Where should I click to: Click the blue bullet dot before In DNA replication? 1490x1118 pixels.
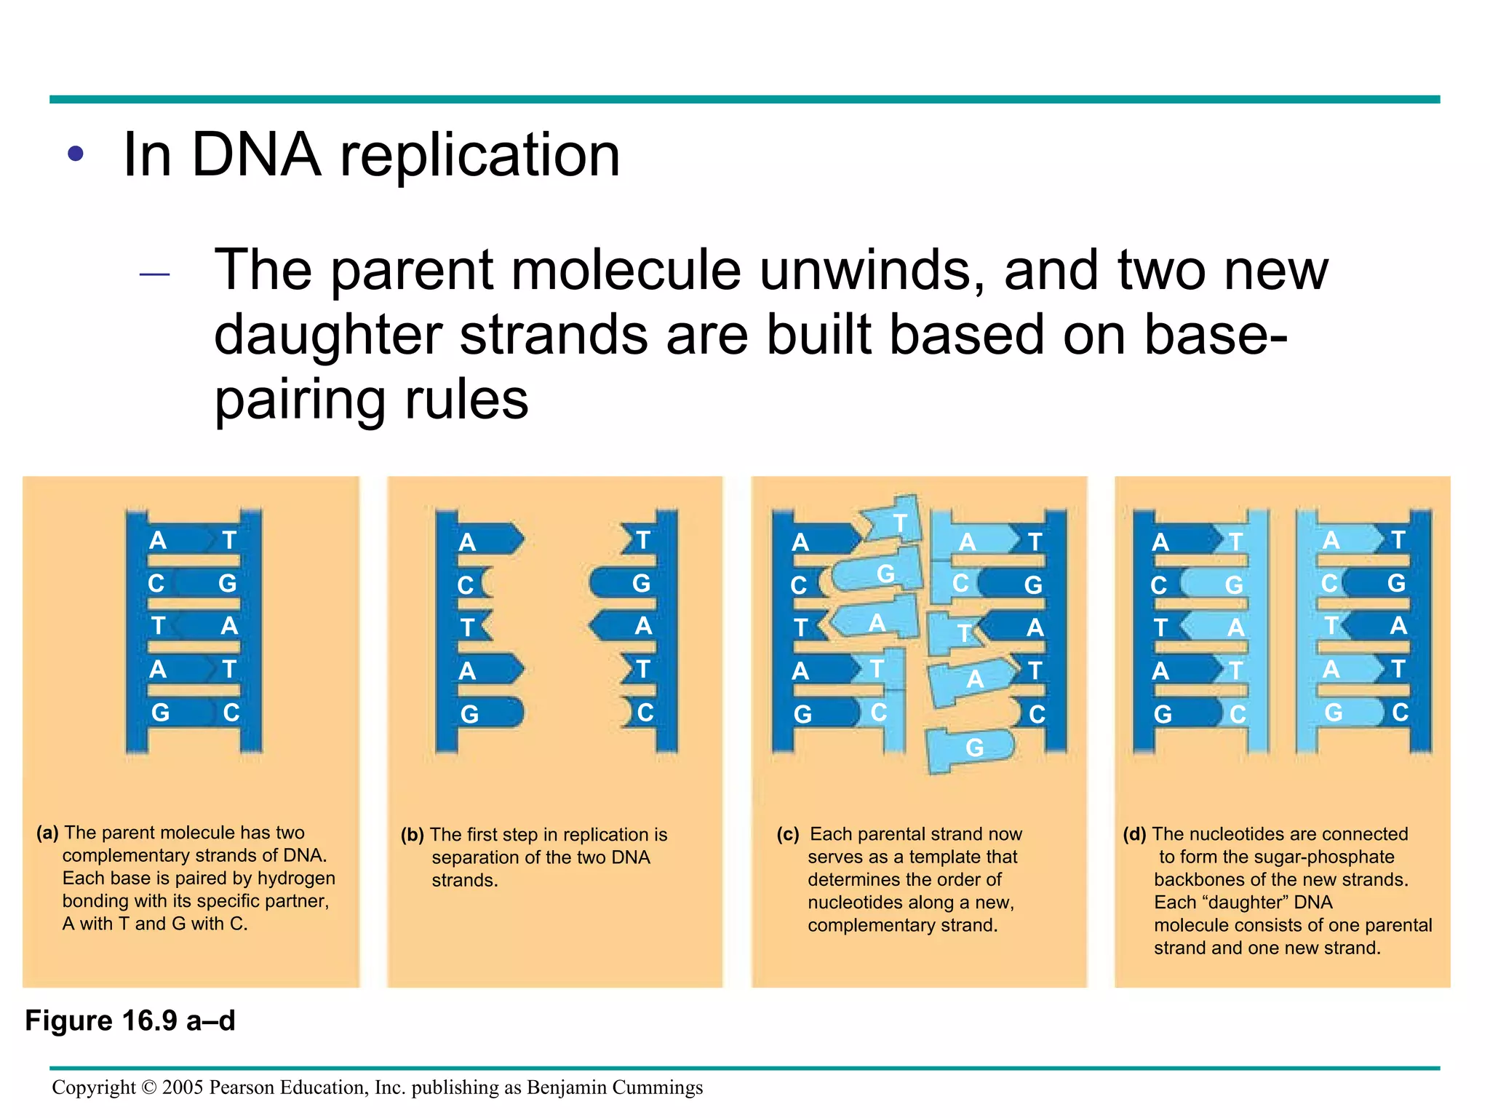(76, 154)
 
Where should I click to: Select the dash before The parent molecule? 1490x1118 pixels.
(154, 274)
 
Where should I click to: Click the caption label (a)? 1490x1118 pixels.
(47, 833)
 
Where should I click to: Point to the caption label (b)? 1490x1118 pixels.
(412, 835)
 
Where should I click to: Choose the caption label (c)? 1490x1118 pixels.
(787, 834)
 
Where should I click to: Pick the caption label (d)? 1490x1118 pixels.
(1134, 834)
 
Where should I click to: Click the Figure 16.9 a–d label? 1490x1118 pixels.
(130, 1020)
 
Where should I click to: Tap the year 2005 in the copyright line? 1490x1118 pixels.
(183, 1087)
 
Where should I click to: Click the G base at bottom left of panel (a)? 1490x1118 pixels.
(160, 713)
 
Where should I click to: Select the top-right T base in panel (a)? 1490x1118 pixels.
(229, 540)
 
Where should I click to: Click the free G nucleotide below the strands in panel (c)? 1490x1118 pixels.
(973, 748)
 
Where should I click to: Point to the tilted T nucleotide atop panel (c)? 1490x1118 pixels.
(899, 523)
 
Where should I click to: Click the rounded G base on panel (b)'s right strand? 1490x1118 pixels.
(640, 583)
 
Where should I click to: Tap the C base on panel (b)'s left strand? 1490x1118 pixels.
(466, 585)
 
